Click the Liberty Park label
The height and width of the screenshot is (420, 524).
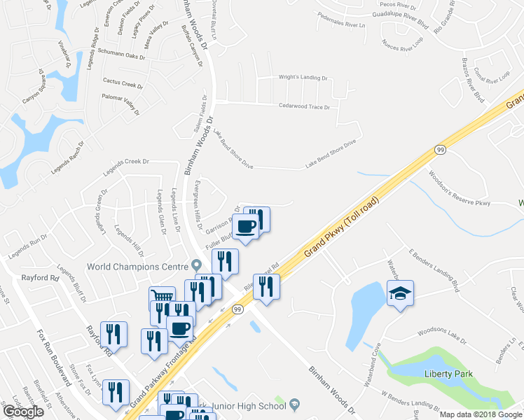click(446, 373)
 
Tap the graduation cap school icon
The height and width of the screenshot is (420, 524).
click(400, 293)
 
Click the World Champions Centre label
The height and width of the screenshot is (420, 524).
click(138, 266)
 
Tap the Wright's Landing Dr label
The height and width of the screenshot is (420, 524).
click(303, 79)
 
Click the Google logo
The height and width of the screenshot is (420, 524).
click(22, 412)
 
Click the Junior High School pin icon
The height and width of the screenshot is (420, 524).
click(295, 403)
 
